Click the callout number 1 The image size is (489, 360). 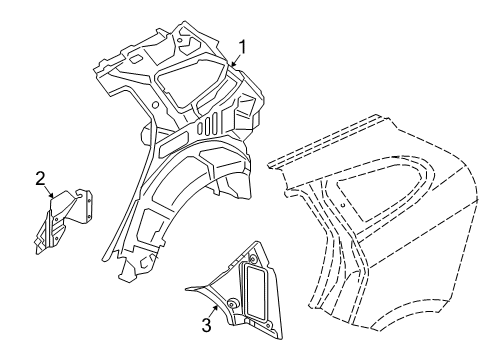[x=240, y=45]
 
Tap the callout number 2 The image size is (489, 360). [x=41, y=179]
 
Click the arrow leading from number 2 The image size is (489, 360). [x=48, y=195]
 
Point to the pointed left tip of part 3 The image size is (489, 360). [x=187, y=290]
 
